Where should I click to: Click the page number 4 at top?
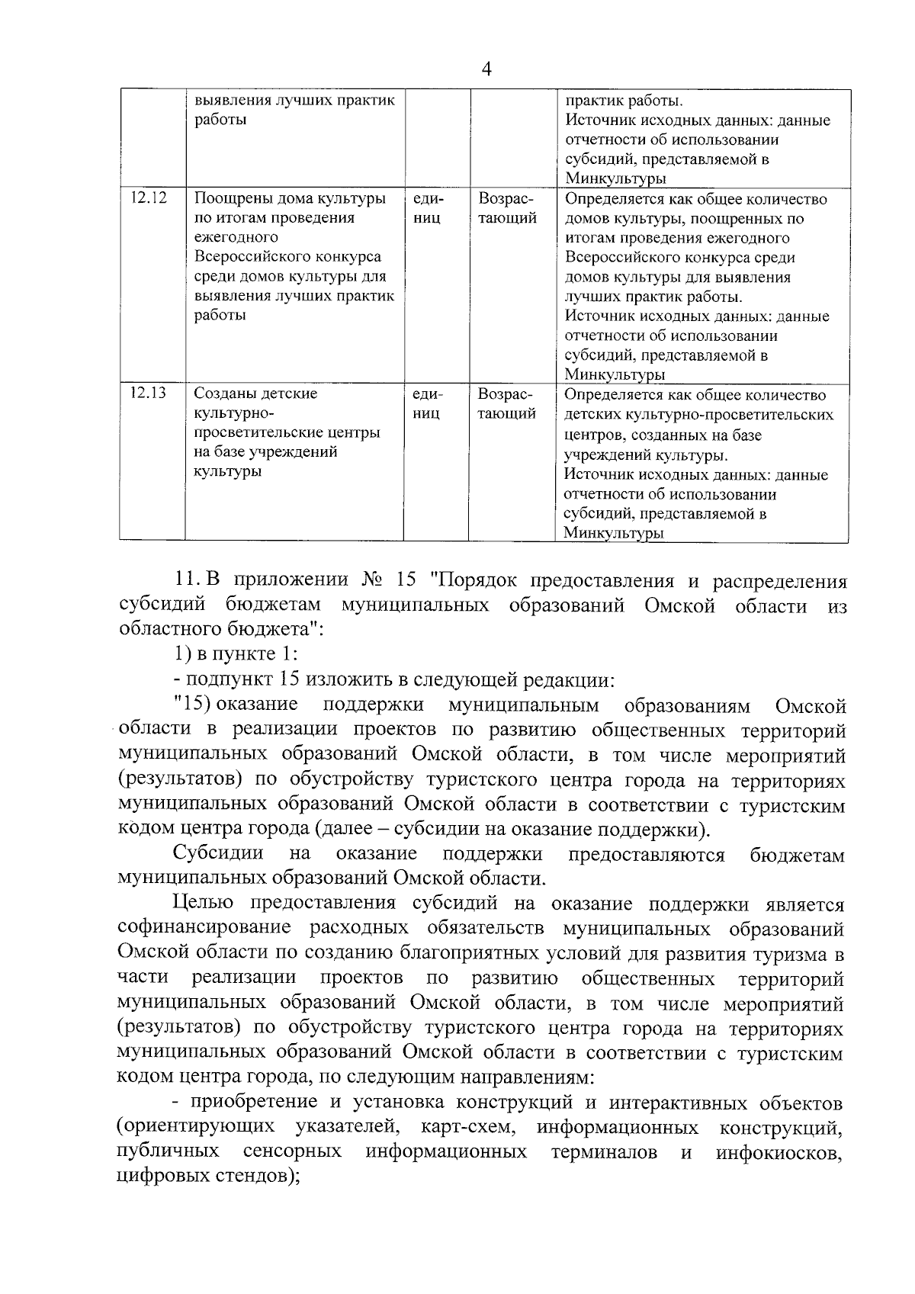(x=487, y=69)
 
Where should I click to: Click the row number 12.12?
(x=148, y=198)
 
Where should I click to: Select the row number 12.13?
(x=148, y=394)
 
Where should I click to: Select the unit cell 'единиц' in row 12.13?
(x=427, y=404)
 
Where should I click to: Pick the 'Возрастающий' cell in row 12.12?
(x=507, y=208)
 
